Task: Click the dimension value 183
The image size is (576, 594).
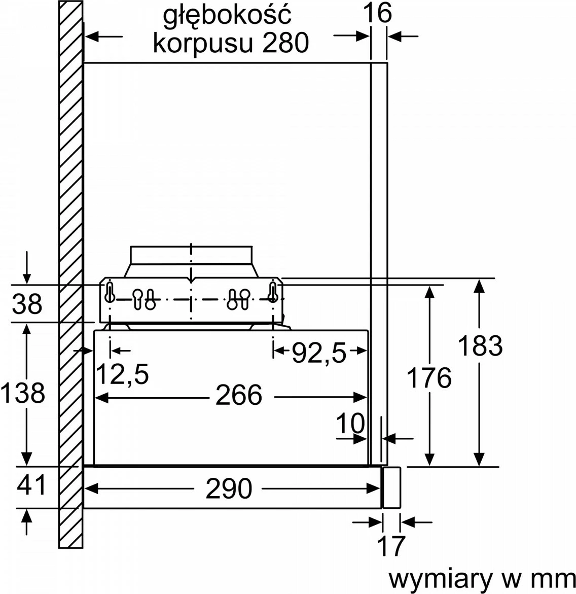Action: click(x=479, y=346)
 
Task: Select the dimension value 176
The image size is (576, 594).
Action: click(x=429, y=378)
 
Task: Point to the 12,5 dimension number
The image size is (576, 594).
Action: click(x=122, y=374)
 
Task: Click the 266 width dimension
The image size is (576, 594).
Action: click(x=239, y=395)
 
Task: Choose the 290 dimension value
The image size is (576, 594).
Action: click(x=229, y=488)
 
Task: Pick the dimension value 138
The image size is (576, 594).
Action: click(x=23, y=393)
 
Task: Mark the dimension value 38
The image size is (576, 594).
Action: click(x=27, y=305)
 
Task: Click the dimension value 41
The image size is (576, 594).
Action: click(x=31, y=485)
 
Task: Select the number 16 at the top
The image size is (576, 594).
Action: click(x=377, y=13)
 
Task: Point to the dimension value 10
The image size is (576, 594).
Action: click(x=350, y=423)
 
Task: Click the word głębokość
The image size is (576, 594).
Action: click(x=227, y=15)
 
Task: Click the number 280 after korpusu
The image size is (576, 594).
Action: click(x=285, y=43)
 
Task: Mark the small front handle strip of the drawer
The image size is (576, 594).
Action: click(x=391, y=487)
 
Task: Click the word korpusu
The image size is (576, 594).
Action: click(x=203, y=43)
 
